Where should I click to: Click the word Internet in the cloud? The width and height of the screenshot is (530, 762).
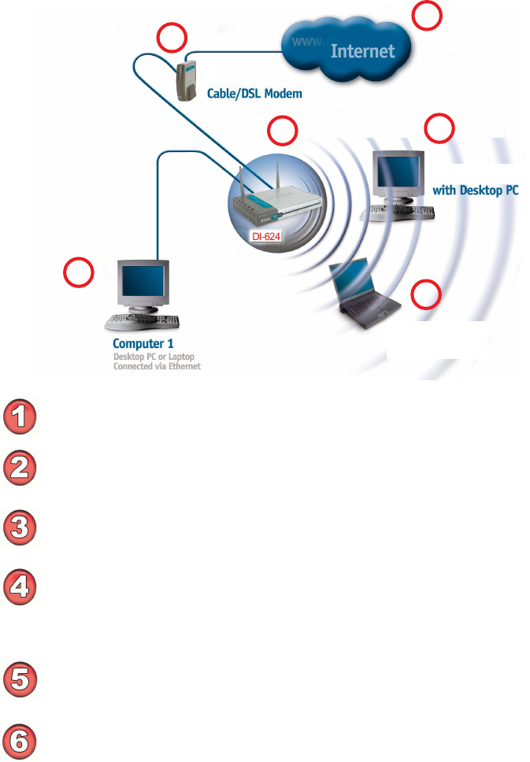click(x=362, y=52)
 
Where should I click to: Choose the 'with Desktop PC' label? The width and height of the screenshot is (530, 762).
click(x=476, y=190)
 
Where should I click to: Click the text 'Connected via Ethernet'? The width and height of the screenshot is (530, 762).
click(x=158, y=366)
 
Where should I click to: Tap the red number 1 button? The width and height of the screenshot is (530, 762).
click(x=21, y=416)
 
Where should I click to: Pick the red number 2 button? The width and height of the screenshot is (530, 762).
click(x=21, y=467)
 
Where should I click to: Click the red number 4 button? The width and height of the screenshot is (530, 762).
click(x=21, y=585)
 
